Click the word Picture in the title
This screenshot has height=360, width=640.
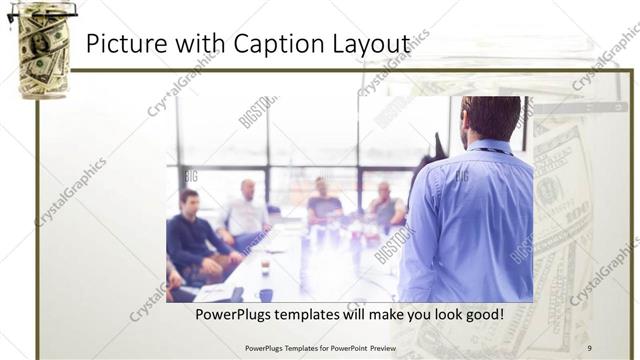pos(123,45)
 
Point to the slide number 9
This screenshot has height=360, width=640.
pos(590,347)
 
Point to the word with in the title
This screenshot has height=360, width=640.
pos(196,45)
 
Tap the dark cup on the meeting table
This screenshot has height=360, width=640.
pos(266,294)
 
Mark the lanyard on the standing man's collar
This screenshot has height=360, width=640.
pos(489,150)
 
